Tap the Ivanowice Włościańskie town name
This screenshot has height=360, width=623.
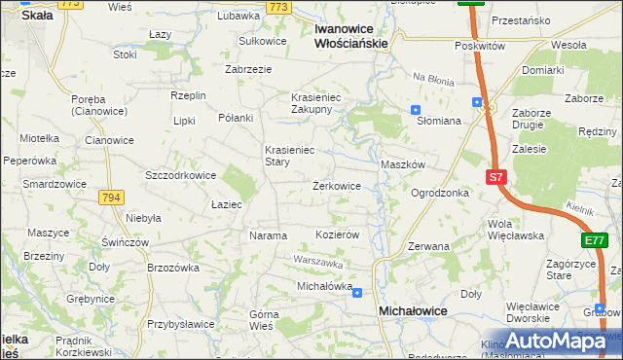pyautogui.click(x=351, y=36)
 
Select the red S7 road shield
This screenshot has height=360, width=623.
pyautogui.click(x=496, y=177)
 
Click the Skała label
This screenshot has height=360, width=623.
pyautogui.click(x=36, y=16)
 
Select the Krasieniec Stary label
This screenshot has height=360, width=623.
pyautogui.click(x=290, y=157)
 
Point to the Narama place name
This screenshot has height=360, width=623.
pyautogui.click(x=268, y=235)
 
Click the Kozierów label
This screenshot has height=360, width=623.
pyautogui.click(x=339, y=235)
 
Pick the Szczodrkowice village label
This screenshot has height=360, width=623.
pyautogui.click(x=180, y=175)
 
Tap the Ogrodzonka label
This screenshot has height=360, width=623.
pyautogui.click(x=440, y=193)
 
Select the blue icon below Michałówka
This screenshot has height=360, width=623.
pyautogui.click(x=357, y=292)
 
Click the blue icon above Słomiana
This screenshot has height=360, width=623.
pyautogui.click(x=416, y=110)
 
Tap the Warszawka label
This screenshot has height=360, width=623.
pyautogui.click(x=319, y=263)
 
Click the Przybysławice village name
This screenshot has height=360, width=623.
pyautogui.click(x=182, y=324)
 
